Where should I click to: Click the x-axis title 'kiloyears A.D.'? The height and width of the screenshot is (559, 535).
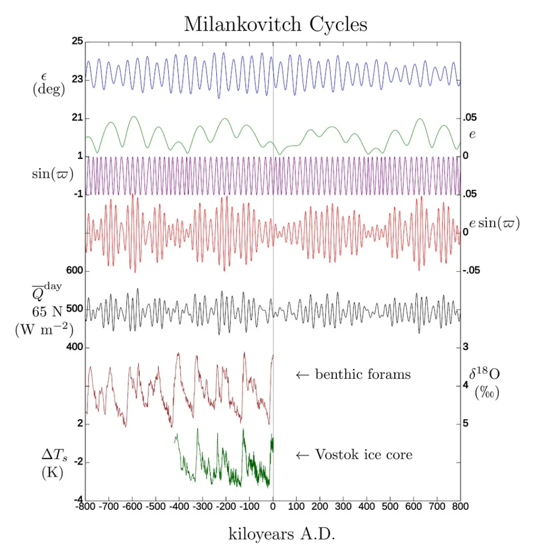281,534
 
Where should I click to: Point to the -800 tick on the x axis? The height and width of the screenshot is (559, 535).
85,506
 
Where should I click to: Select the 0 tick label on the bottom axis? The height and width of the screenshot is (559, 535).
273,506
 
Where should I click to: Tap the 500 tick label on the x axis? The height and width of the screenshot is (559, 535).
390,506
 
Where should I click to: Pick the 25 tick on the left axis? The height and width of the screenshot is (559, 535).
76,41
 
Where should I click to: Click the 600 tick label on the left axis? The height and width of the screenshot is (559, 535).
74,271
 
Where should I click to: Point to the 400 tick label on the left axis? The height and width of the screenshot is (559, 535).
74,347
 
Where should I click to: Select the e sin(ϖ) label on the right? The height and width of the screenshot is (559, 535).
495,224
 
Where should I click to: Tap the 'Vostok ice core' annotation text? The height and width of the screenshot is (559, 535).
364,454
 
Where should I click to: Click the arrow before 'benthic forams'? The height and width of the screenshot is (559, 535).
302,375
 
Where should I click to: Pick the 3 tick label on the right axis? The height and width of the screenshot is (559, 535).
466,347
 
